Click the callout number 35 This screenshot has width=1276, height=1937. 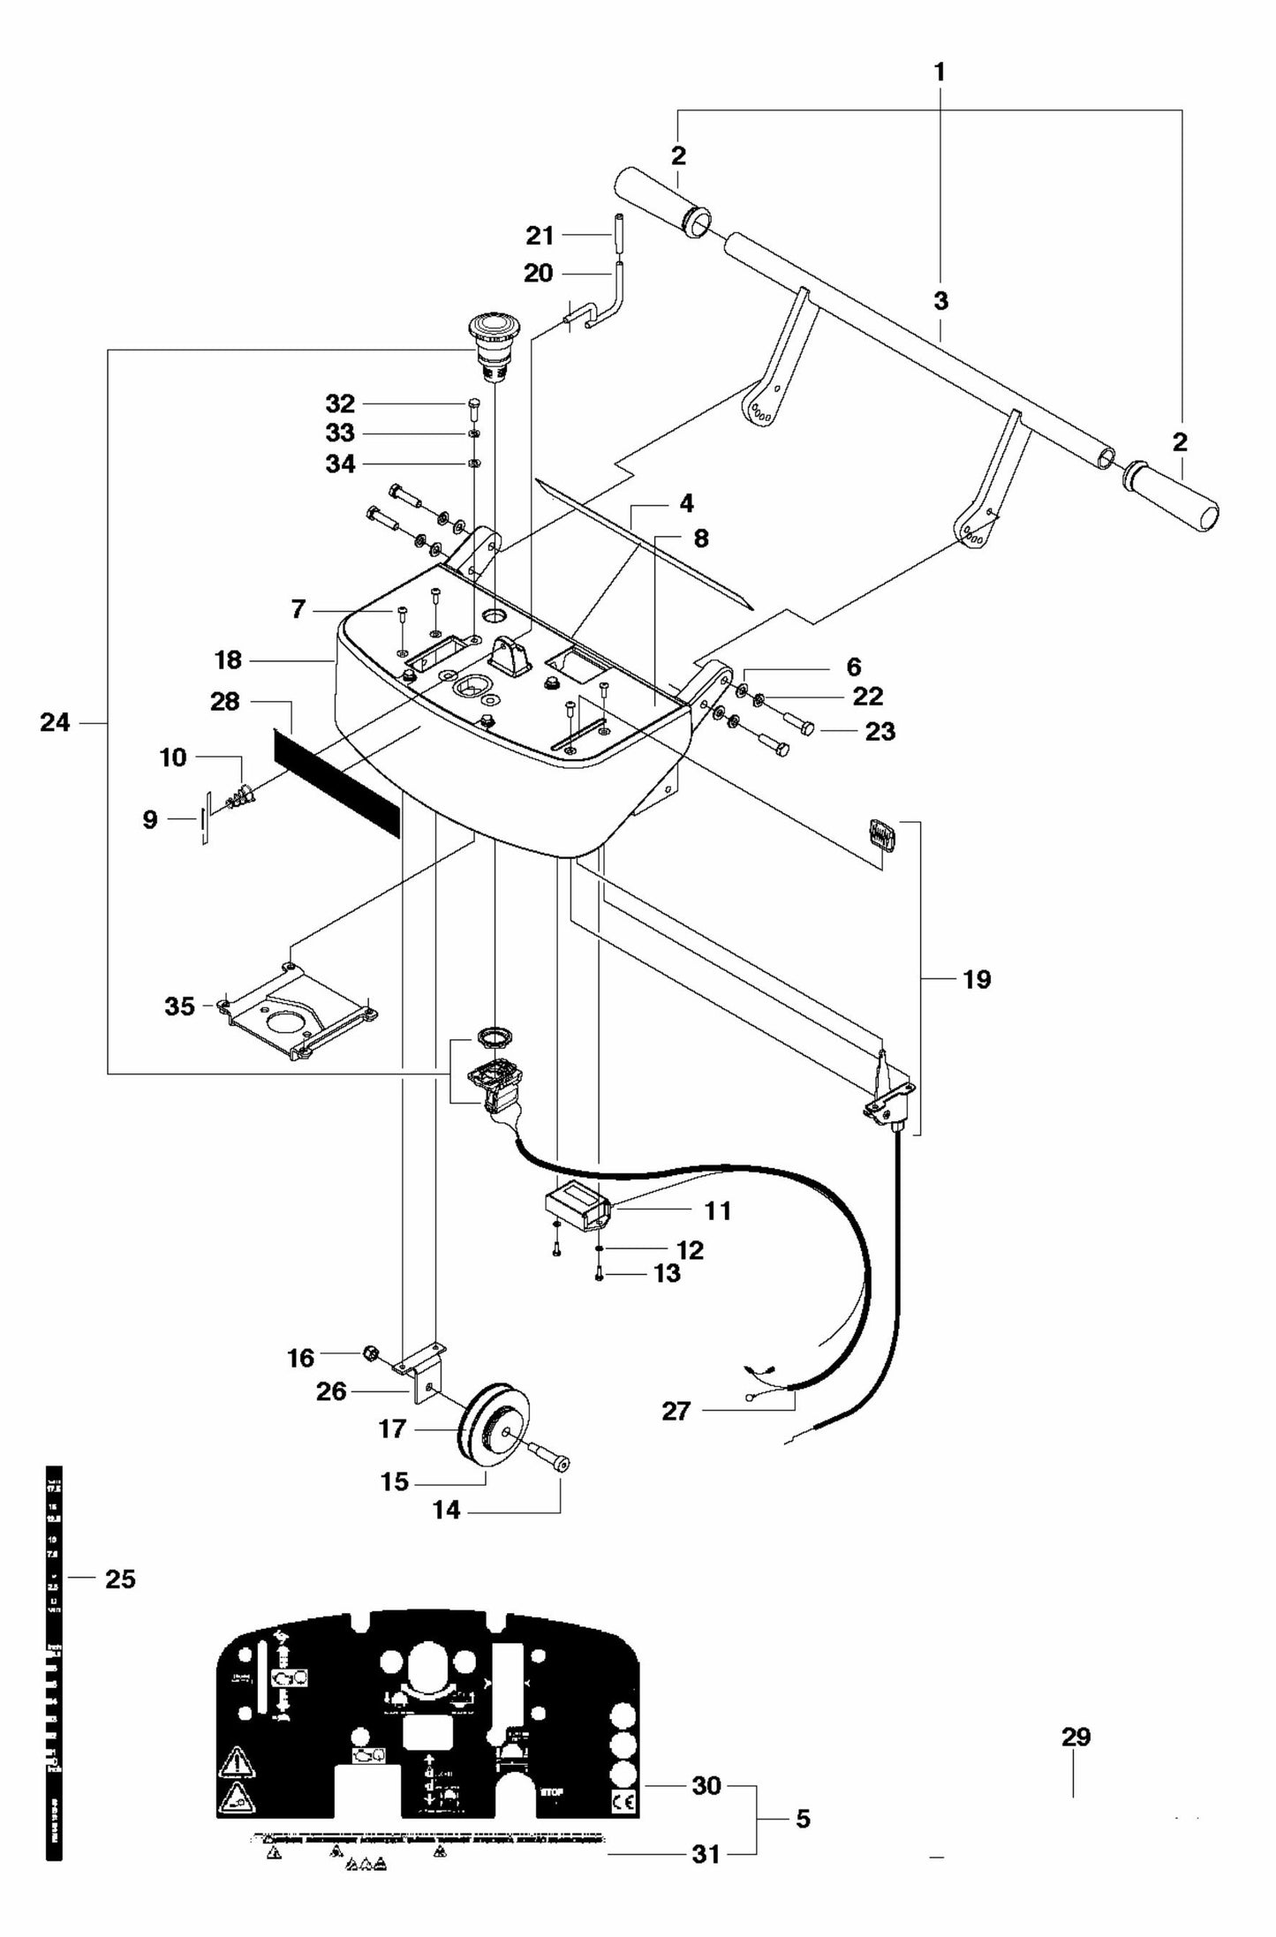(179, 1006)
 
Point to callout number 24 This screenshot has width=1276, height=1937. (55, 722)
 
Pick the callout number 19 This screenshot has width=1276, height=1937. (977, 979)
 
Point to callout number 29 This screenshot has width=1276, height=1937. (1076, 1737)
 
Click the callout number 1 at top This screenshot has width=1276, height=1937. (940, 72)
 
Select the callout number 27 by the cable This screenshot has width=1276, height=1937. (676, 1411)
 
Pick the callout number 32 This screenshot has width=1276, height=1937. (340, 403)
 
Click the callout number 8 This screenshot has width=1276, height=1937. (700, 539)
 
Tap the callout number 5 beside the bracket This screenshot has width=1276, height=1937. (803, 1818)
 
